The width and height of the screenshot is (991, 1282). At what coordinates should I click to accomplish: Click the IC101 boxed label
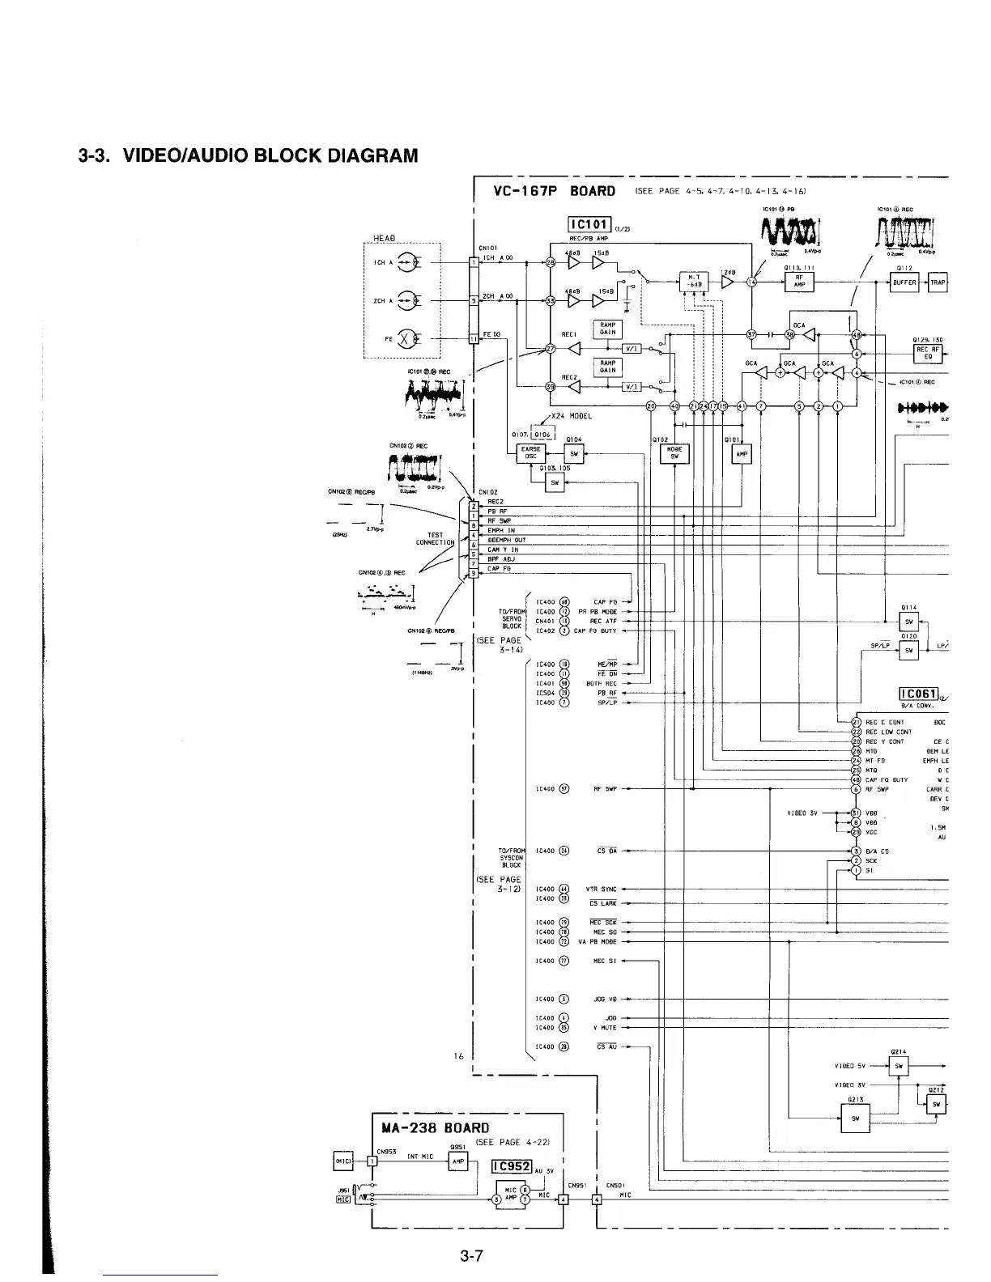[x=591, y=226]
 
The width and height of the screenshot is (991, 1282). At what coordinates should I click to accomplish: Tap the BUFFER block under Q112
[x=904, y=282]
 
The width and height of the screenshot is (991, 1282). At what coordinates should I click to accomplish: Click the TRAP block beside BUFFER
[x=938, y=282]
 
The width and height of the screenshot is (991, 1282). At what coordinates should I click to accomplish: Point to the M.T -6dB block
[x=693, y=281]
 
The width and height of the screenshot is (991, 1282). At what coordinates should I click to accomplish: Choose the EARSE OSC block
[x=530, y=452]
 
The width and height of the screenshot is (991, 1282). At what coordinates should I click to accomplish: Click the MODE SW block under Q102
[x=674, y=452]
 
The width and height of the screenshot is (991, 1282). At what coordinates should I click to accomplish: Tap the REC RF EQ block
[x=927, y=352]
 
